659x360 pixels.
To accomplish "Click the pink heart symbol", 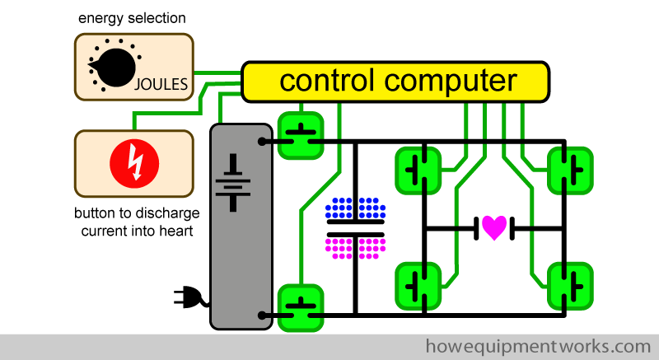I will (494, 227).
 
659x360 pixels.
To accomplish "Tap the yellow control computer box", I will (395, 82).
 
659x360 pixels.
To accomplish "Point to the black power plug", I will (189, 297).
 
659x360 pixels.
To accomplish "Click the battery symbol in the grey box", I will (238, 182).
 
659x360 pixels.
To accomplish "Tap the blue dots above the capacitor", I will (356, 207).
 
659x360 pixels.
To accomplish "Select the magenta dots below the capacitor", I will (356, 247).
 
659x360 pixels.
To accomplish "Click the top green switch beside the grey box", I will (301, 134).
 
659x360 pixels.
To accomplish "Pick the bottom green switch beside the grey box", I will (301, 306).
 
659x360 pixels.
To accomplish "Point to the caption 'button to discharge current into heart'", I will (137, 222).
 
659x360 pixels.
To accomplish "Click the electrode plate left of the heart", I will (476, 227).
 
